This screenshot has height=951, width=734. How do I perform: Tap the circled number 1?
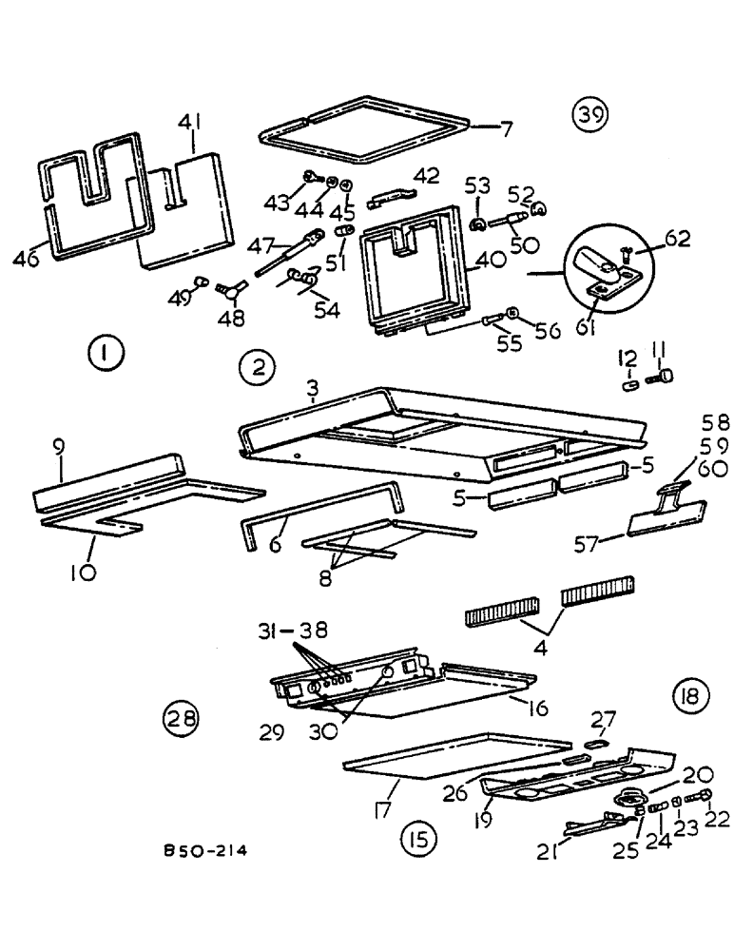103,357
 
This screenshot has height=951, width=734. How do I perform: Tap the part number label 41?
192,122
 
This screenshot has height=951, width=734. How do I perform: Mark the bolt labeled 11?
660,378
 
